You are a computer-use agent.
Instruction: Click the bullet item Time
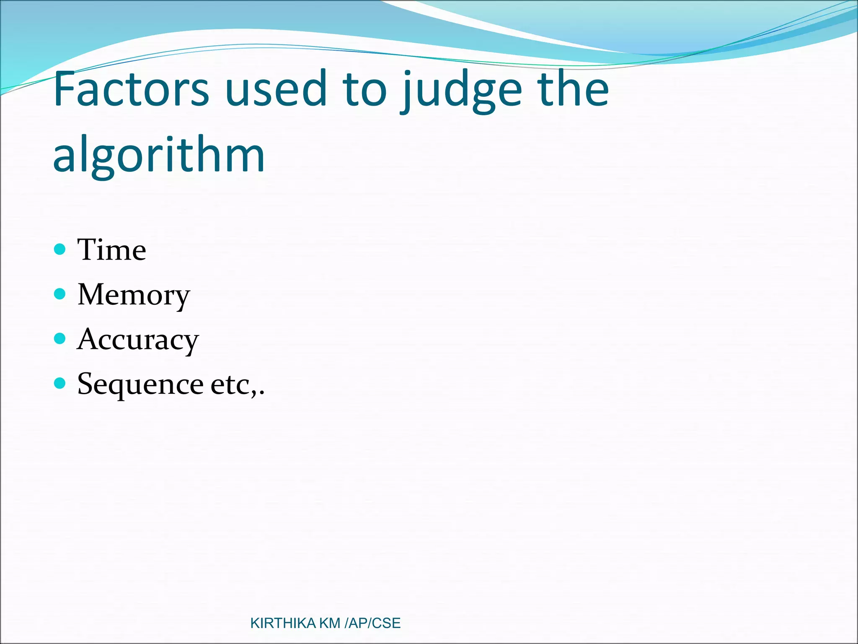coord(112,249)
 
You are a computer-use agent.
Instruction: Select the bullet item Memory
coord(134,295)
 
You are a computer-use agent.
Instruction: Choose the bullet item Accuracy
coord(138,340)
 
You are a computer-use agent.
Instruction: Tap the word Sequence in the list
coord(140,384)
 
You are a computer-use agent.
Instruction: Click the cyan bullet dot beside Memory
coord(60,294)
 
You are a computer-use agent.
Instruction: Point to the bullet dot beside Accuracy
coord(60,338)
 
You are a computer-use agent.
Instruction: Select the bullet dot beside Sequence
coord(60,383)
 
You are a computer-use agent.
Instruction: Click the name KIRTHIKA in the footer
coord(283,623)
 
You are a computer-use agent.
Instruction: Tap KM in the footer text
coord(330,623)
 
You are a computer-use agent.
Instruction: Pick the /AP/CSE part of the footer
coord(372,623)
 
